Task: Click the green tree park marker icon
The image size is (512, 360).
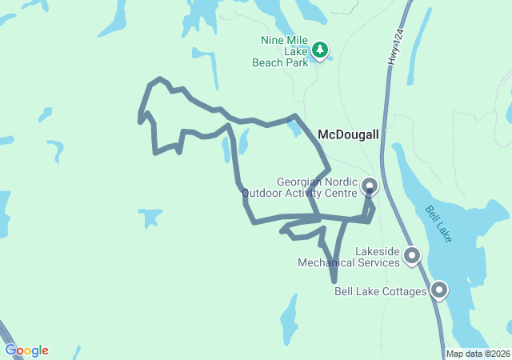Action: click(320, 50)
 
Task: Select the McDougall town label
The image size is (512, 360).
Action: click(348, 134)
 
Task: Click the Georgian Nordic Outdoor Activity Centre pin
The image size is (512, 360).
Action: click(370, 186)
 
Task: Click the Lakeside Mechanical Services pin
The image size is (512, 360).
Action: click(412, 255)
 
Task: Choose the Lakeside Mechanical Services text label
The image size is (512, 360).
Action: click(348, 256)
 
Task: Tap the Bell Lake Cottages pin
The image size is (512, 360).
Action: click(438, 290)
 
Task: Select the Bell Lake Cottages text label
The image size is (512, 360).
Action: click(380, 291)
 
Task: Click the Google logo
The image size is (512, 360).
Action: click(26, 350)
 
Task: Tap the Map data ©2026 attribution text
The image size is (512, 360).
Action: click(477, 354)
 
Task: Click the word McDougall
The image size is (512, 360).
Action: click(348, 134)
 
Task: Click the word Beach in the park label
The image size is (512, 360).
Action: click(269, 62)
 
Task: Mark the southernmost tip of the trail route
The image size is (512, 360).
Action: click(334, 282)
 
